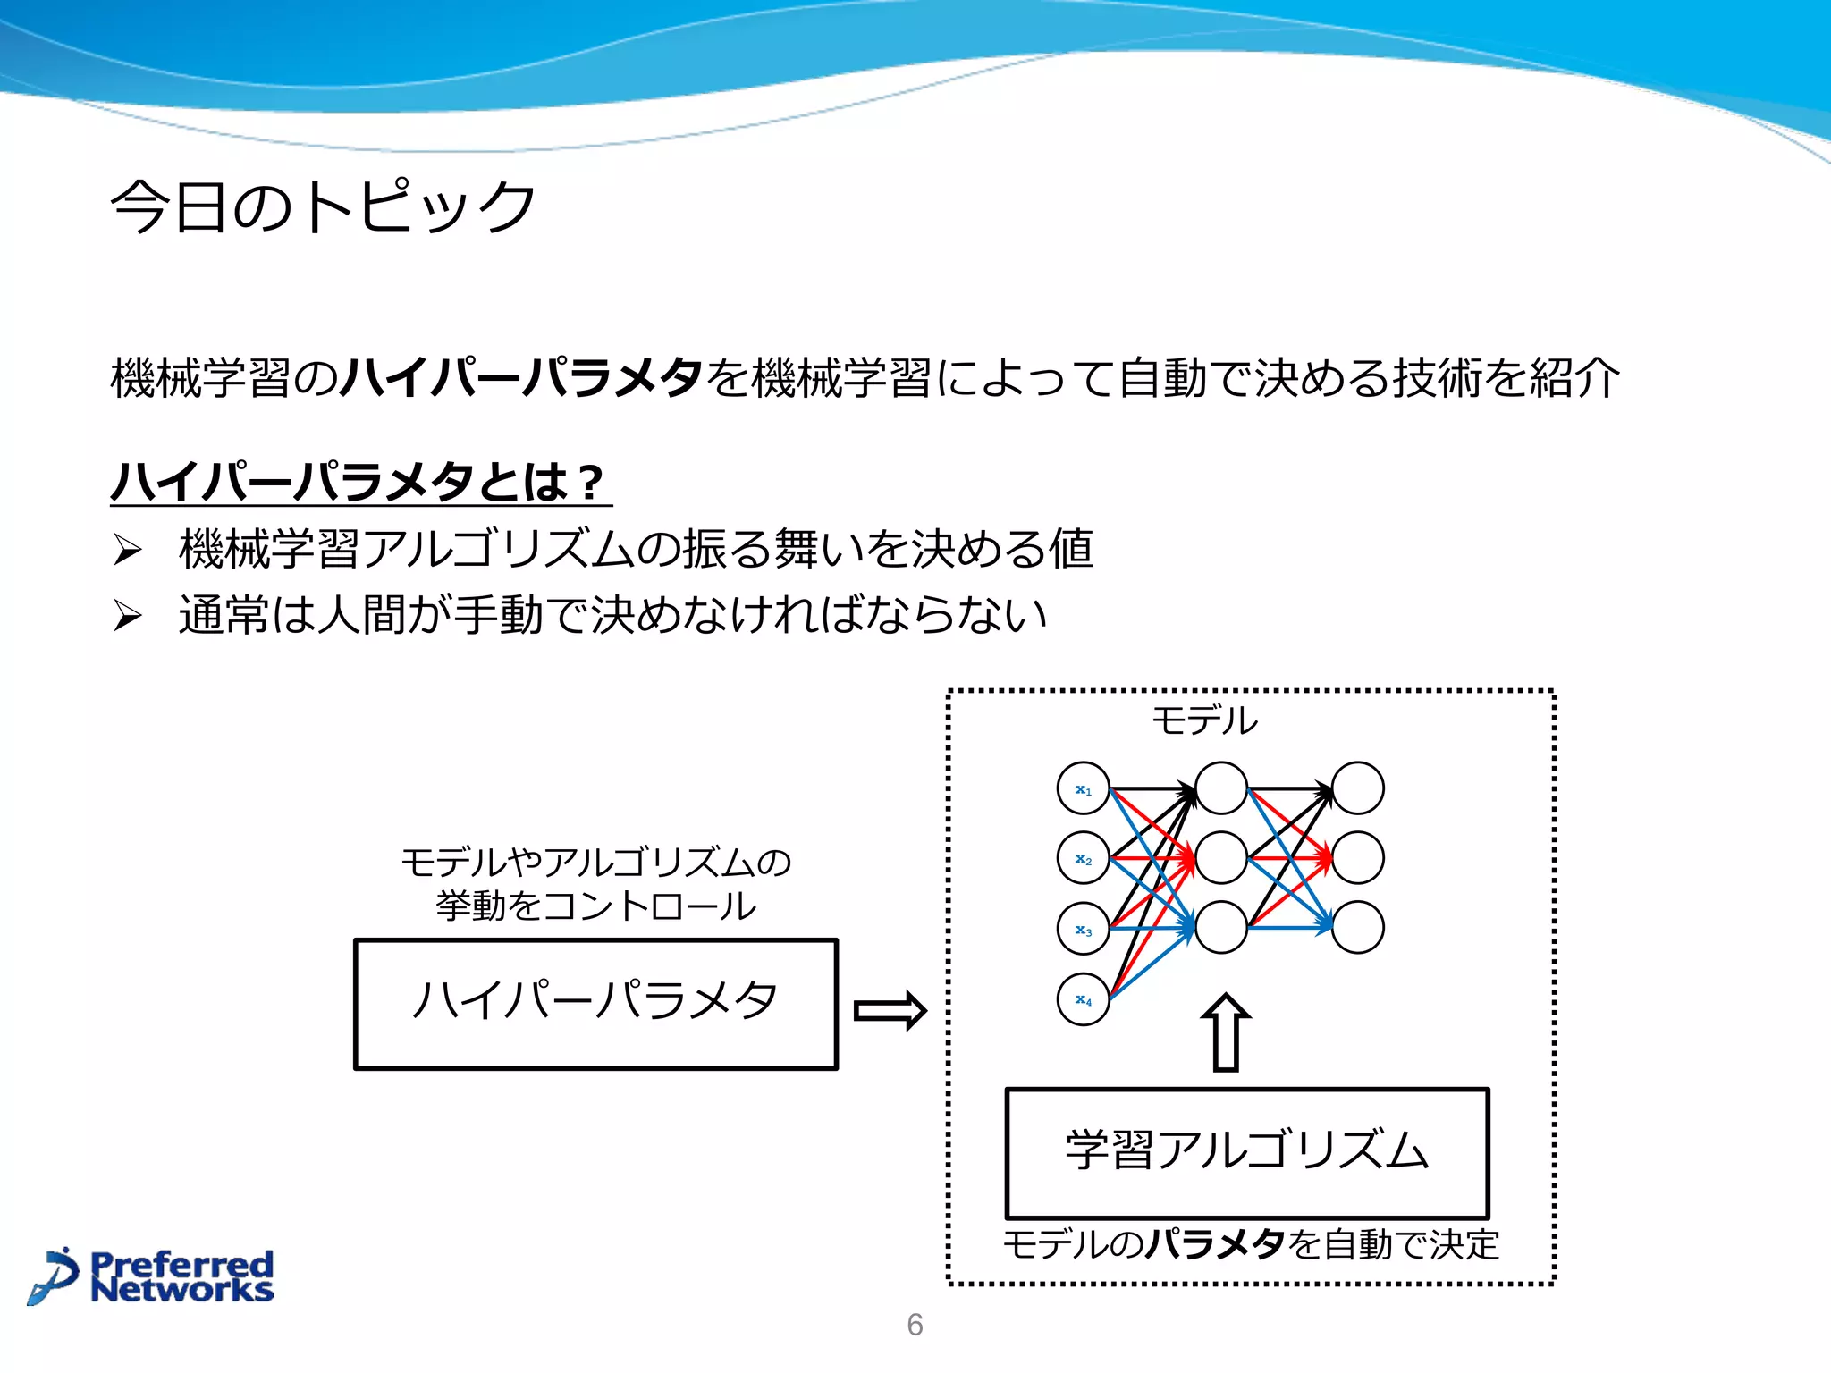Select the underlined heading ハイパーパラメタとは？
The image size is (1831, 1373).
360,483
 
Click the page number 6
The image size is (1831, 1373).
915,1324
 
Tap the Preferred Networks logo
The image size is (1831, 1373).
152,1276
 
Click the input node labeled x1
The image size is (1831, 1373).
1083,788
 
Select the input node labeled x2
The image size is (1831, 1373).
1083,858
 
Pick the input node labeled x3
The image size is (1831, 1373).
1083,929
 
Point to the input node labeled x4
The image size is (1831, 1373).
1083,998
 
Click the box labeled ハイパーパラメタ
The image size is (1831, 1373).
595,1003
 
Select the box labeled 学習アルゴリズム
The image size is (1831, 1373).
1246,1152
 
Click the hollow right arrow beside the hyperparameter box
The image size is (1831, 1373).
890,1011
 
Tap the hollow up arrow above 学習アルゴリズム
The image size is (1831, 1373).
1225,1032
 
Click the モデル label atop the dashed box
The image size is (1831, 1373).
1204,720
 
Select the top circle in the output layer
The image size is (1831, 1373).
1357,788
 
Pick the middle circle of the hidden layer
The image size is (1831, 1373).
1220,858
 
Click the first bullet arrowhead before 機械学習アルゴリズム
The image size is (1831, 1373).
128,549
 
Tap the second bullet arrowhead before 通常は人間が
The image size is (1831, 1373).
128,615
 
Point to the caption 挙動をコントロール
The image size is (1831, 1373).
595,906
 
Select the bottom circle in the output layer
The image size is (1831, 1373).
1357,928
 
